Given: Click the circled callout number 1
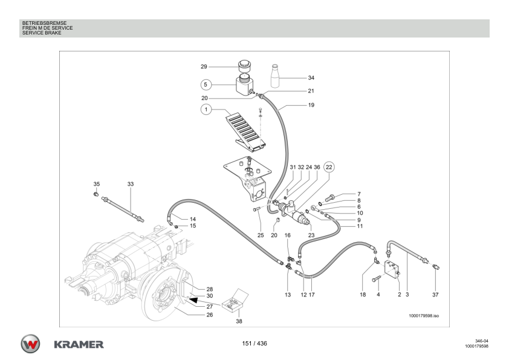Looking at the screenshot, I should (x=206, y=110).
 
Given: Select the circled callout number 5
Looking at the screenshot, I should (x=206, y=84).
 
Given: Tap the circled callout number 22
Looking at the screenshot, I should (x=329, y=166).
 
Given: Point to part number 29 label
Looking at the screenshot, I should (x=204, y=66).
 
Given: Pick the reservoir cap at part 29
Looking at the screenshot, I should (x=244, y=65).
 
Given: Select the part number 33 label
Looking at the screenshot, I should (x=130, y=183).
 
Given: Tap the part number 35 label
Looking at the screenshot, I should (x=96, y=183).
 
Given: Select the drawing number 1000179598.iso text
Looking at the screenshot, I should (x=424, y=316).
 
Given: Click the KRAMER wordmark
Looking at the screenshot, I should (x=79, y=344).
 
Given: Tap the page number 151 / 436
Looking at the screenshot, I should (x=254, y=344).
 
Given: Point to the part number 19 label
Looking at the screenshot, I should (x=311, y=105).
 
